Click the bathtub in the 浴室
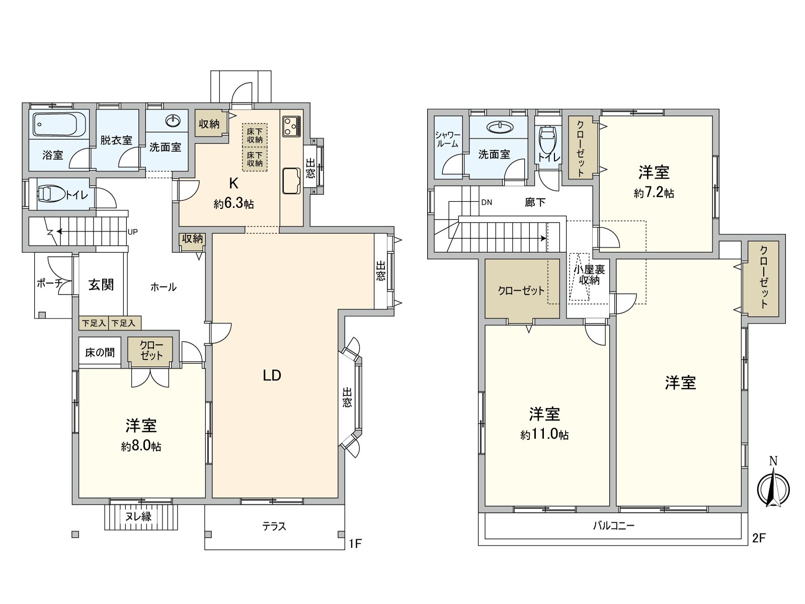coord(59,124)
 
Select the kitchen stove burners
coord(291,126)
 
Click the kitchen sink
coord(292,180)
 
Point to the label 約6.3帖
coord(233,204)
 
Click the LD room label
coord(272,375)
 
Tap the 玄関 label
coord(101,285)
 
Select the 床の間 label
coord(100,352)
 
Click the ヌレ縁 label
coord(138,516)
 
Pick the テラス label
coord(274,526)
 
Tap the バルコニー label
coord(613,526)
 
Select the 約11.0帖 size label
coord(544,435)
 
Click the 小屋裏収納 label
coord(589,275)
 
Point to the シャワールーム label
coord(447,139)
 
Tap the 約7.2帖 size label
coord(654,193)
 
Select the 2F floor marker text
coord(759,539)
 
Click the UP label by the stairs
coord(133,232)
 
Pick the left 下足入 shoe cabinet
coord(94,323)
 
